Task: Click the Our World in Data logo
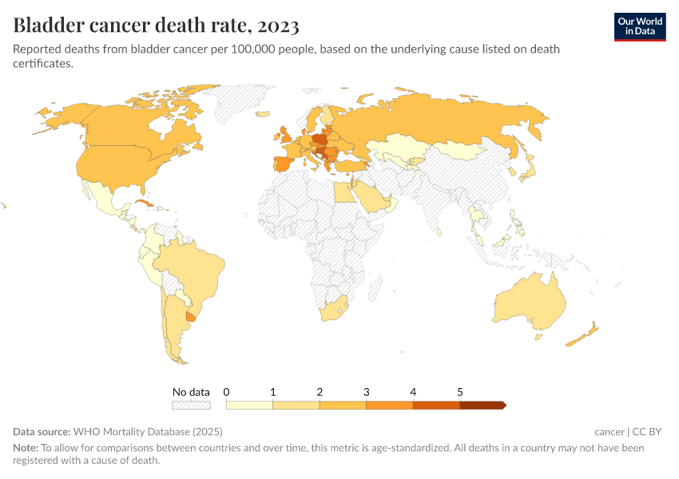point(640,27)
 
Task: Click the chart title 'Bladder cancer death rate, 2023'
point(156,26)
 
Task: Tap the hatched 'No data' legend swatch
point(191,406)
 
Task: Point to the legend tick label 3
point(366,392)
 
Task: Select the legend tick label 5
point(460,392)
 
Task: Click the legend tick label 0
point(227,392)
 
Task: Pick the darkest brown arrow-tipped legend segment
point(482,406)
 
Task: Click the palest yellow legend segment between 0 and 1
point(249,406)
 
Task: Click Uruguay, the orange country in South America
point(191,317)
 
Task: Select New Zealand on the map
point(584,335)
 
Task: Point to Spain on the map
point(285,165)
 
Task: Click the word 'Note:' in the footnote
point(26,448)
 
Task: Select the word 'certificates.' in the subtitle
point(43,64)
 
